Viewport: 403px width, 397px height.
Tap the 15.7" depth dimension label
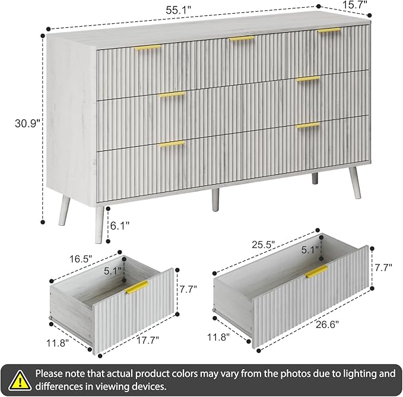coord(355,5)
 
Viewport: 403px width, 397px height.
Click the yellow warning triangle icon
coord(21,379)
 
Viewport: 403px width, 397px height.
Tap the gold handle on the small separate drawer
coord(137,288)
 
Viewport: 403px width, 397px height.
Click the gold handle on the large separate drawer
coord(316,272)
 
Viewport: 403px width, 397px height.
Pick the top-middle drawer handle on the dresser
coord(242,39)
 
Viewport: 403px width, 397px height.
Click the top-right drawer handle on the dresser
coord(328,30)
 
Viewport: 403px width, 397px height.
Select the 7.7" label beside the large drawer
coord(383,267)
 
